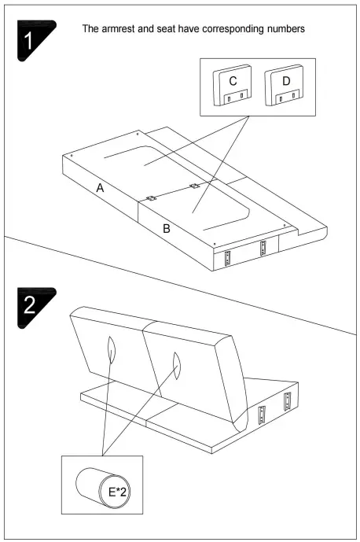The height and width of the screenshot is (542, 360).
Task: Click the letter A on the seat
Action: [100, 187]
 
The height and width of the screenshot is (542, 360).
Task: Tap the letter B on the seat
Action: [166, 230]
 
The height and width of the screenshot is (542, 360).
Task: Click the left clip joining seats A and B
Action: [151, 199]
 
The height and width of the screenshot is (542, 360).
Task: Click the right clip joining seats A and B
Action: [194, 186]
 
